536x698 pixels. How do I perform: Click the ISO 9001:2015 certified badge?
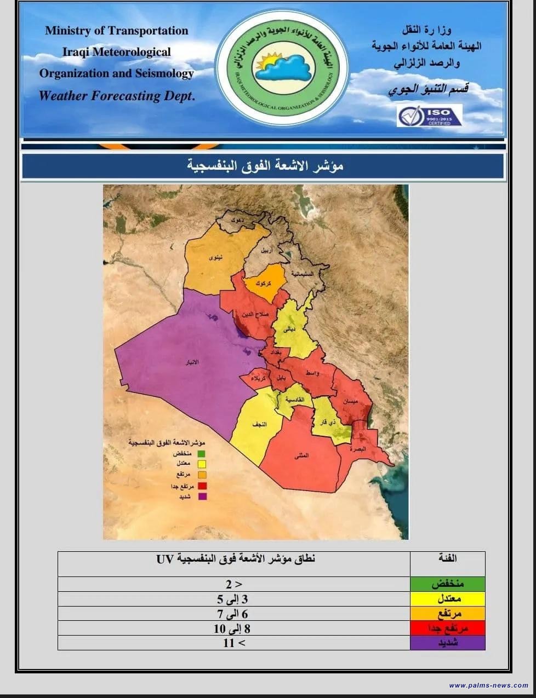click(429, 116)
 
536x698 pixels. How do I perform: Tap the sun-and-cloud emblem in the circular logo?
click(281, 66)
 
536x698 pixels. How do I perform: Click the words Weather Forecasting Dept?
click(117, 96)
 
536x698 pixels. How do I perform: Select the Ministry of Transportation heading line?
click(117, 31)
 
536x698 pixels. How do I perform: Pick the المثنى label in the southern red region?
click(301, 455)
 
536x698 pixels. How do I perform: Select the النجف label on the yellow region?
click(259, 424)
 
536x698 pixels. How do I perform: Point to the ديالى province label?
click(290, 330)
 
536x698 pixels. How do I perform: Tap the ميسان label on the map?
click(350, 401)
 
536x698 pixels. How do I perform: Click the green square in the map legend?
click(202, 454)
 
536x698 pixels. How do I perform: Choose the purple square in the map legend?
click(202, 497)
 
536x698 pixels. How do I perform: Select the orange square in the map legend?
click(202, 475)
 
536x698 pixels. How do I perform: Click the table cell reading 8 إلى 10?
click(232, 628)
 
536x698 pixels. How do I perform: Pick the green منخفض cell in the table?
click(448, 584)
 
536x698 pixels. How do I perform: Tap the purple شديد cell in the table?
click(448, 643)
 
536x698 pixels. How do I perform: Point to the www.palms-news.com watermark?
click(488, 685)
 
